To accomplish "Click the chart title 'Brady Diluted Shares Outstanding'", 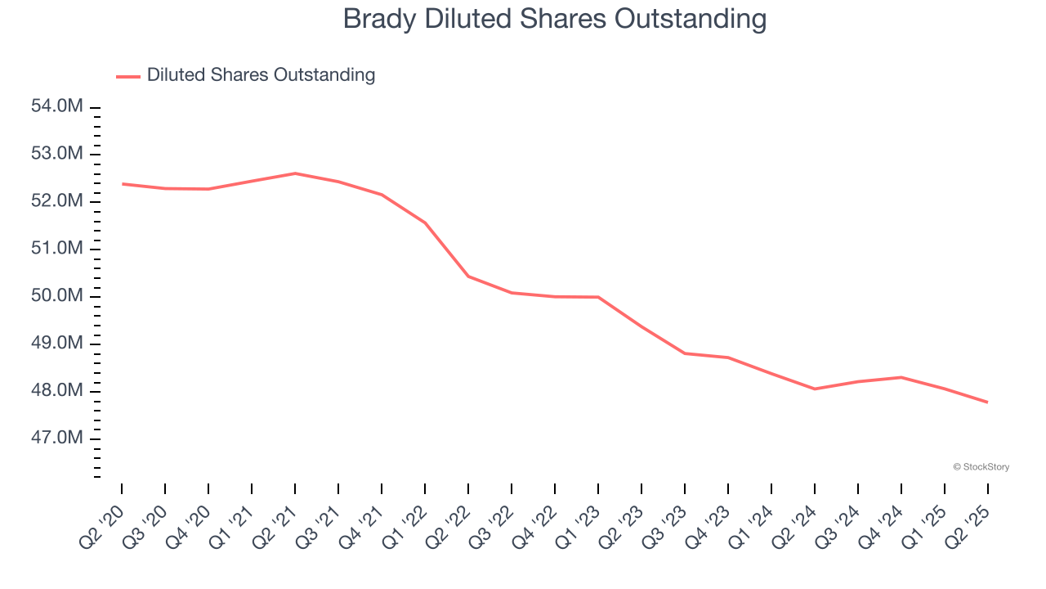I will tap(555, 18).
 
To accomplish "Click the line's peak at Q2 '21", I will tap(295, 173).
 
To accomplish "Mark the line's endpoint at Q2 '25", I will tap(987, 402).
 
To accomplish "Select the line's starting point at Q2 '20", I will tap(123, 184).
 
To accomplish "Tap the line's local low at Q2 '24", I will tap(815, 389).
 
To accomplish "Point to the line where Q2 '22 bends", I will tap(468, 277).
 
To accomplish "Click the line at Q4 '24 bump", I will tap(901, 377).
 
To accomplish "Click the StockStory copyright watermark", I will tap(981, 467).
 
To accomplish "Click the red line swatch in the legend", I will tap(128, 76).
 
